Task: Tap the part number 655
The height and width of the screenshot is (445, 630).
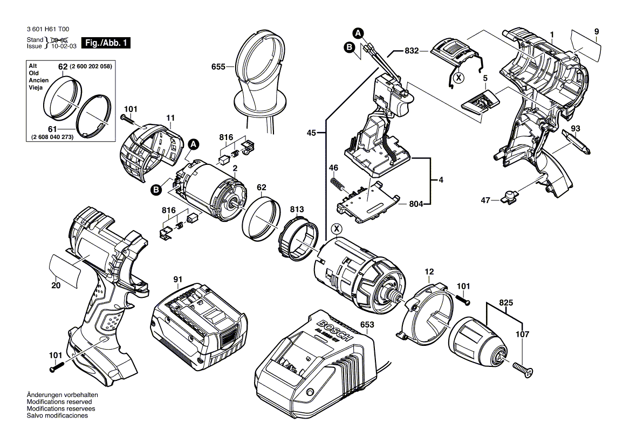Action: point(218,67)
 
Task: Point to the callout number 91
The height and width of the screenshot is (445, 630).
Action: point(178,279)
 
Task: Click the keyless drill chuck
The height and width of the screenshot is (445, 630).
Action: point(477,340)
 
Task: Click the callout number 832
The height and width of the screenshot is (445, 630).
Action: point(412,51)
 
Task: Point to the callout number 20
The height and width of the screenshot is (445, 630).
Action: point(55,286)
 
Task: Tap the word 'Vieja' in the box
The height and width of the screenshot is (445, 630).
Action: point(36,87)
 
